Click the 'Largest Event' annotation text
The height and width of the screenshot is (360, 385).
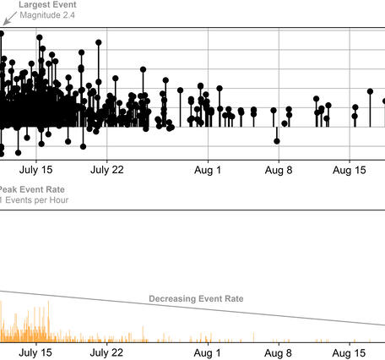[46, 5]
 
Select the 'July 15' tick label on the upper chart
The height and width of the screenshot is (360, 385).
[35, 169]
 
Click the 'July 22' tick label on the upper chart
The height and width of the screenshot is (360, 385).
[106, 169]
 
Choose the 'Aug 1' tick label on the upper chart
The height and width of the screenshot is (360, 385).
[207, 169]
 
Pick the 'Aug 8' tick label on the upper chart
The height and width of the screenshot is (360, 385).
[278, 169]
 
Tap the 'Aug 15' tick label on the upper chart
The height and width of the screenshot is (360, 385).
[349, 169]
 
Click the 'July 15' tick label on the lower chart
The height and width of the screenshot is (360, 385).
[35, 352]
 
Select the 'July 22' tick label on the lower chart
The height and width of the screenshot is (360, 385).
[106, 352]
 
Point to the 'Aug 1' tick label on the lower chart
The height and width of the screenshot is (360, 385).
[207, 352]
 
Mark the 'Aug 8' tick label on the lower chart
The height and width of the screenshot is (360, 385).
[278, 352]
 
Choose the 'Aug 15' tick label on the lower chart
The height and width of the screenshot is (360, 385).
[349, 352]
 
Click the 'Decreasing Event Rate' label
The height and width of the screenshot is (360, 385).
[196, 298]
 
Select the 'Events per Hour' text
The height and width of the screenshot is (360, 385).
[36, 200]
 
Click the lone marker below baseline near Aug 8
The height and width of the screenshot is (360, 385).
[276, 140]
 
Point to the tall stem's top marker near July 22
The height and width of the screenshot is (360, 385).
[100, 41]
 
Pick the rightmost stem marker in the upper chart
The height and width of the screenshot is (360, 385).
[371, 91]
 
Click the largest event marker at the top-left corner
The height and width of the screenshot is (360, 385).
[1, 34]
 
